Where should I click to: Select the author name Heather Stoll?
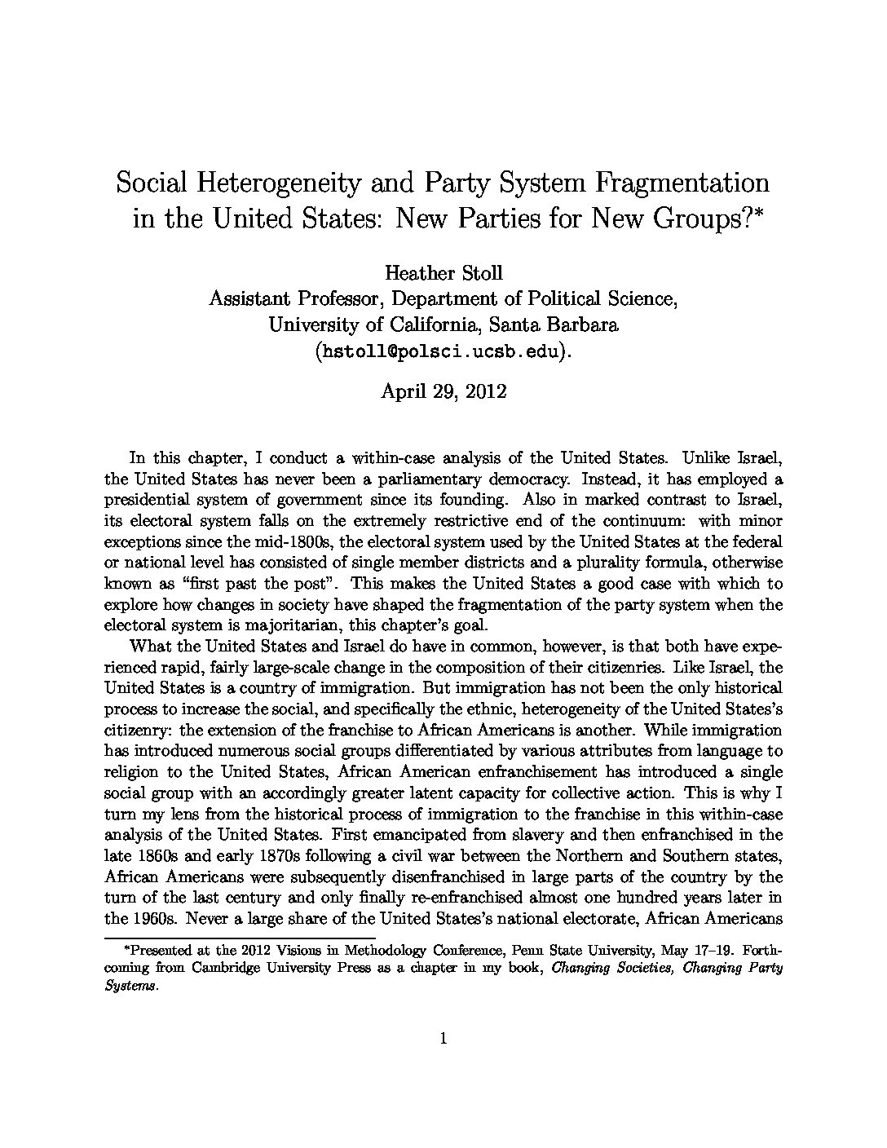click(x=443, y=272)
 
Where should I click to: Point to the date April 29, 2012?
click(x=443, y=391)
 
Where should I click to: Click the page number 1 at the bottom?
click(x=443, y=1038)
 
